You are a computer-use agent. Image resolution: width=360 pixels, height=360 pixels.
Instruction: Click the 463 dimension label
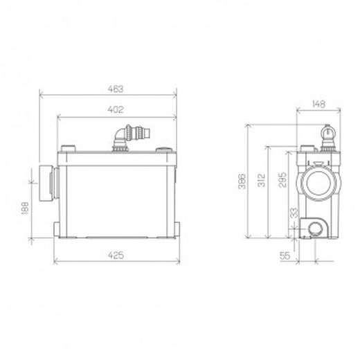(x=116, y=89)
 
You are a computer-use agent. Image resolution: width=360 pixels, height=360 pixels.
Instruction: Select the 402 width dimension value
(x=116, y=109)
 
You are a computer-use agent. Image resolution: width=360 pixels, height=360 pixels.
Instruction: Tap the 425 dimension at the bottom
(x=116, y=255)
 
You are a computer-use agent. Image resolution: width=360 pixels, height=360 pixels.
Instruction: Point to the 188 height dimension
(x=25, y=208)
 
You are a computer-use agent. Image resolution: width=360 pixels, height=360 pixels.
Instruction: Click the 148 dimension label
(x=318, y=104)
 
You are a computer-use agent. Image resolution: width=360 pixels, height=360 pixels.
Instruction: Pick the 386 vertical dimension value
(x=242, y=181)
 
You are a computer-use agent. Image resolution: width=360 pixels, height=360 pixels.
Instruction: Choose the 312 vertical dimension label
(x=262, y=180)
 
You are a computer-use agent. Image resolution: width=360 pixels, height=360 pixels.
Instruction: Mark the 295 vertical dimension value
(x=282, y=179)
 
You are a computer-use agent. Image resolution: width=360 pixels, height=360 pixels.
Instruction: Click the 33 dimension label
(x=294, y=213)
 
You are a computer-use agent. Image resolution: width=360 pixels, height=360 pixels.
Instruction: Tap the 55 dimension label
(x=285, y=255)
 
